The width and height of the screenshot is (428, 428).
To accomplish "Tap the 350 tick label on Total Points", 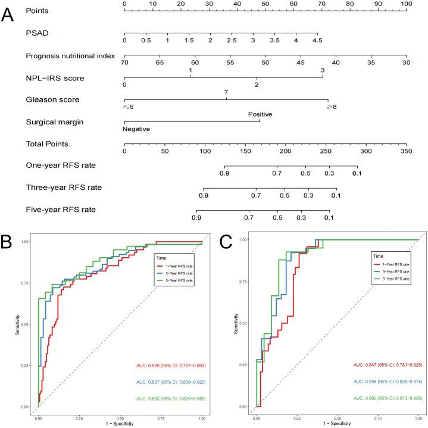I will (406, 151).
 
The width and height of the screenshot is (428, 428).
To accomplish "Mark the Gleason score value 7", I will (226, 92).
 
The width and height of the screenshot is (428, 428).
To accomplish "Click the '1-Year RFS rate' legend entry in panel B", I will (180, 270).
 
